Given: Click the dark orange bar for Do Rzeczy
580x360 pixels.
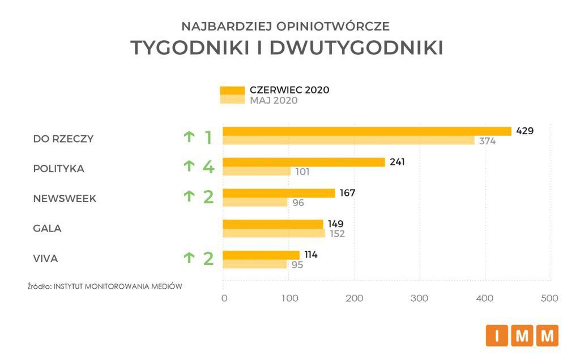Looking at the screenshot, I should [x=367, y=131].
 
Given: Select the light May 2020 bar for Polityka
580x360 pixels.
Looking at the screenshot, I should [x=257, y=172].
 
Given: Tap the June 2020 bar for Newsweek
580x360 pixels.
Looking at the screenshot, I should [x=279, y=193].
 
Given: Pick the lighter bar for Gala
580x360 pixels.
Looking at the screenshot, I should [x=274, y=233].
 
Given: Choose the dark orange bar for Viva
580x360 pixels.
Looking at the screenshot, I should [x=261, y=255].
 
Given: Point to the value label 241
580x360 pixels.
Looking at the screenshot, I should [x=396, y=161].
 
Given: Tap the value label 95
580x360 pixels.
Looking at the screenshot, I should [x=297, y=264].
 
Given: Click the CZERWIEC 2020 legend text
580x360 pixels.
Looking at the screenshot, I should [x=289, y=90].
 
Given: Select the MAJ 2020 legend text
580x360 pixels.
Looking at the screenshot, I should [x=274, y=101].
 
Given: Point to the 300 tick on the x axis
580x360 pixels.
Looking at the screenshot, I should [x=420, y=298].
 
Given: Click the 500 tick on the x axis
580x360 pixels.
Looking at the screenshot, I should [x=549, y=298].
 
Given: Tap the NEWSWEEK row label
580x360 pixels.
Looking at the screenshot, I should [x=65, y=199].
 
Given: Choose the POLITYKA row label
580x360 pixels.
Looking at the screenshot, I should [x=58, y=169].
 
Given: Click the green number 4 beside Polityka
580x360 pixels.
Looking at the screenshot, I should [x=208, y=167].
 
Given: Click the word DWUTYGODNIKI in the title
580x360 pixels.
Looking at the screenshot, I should [x=357, y=48].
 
